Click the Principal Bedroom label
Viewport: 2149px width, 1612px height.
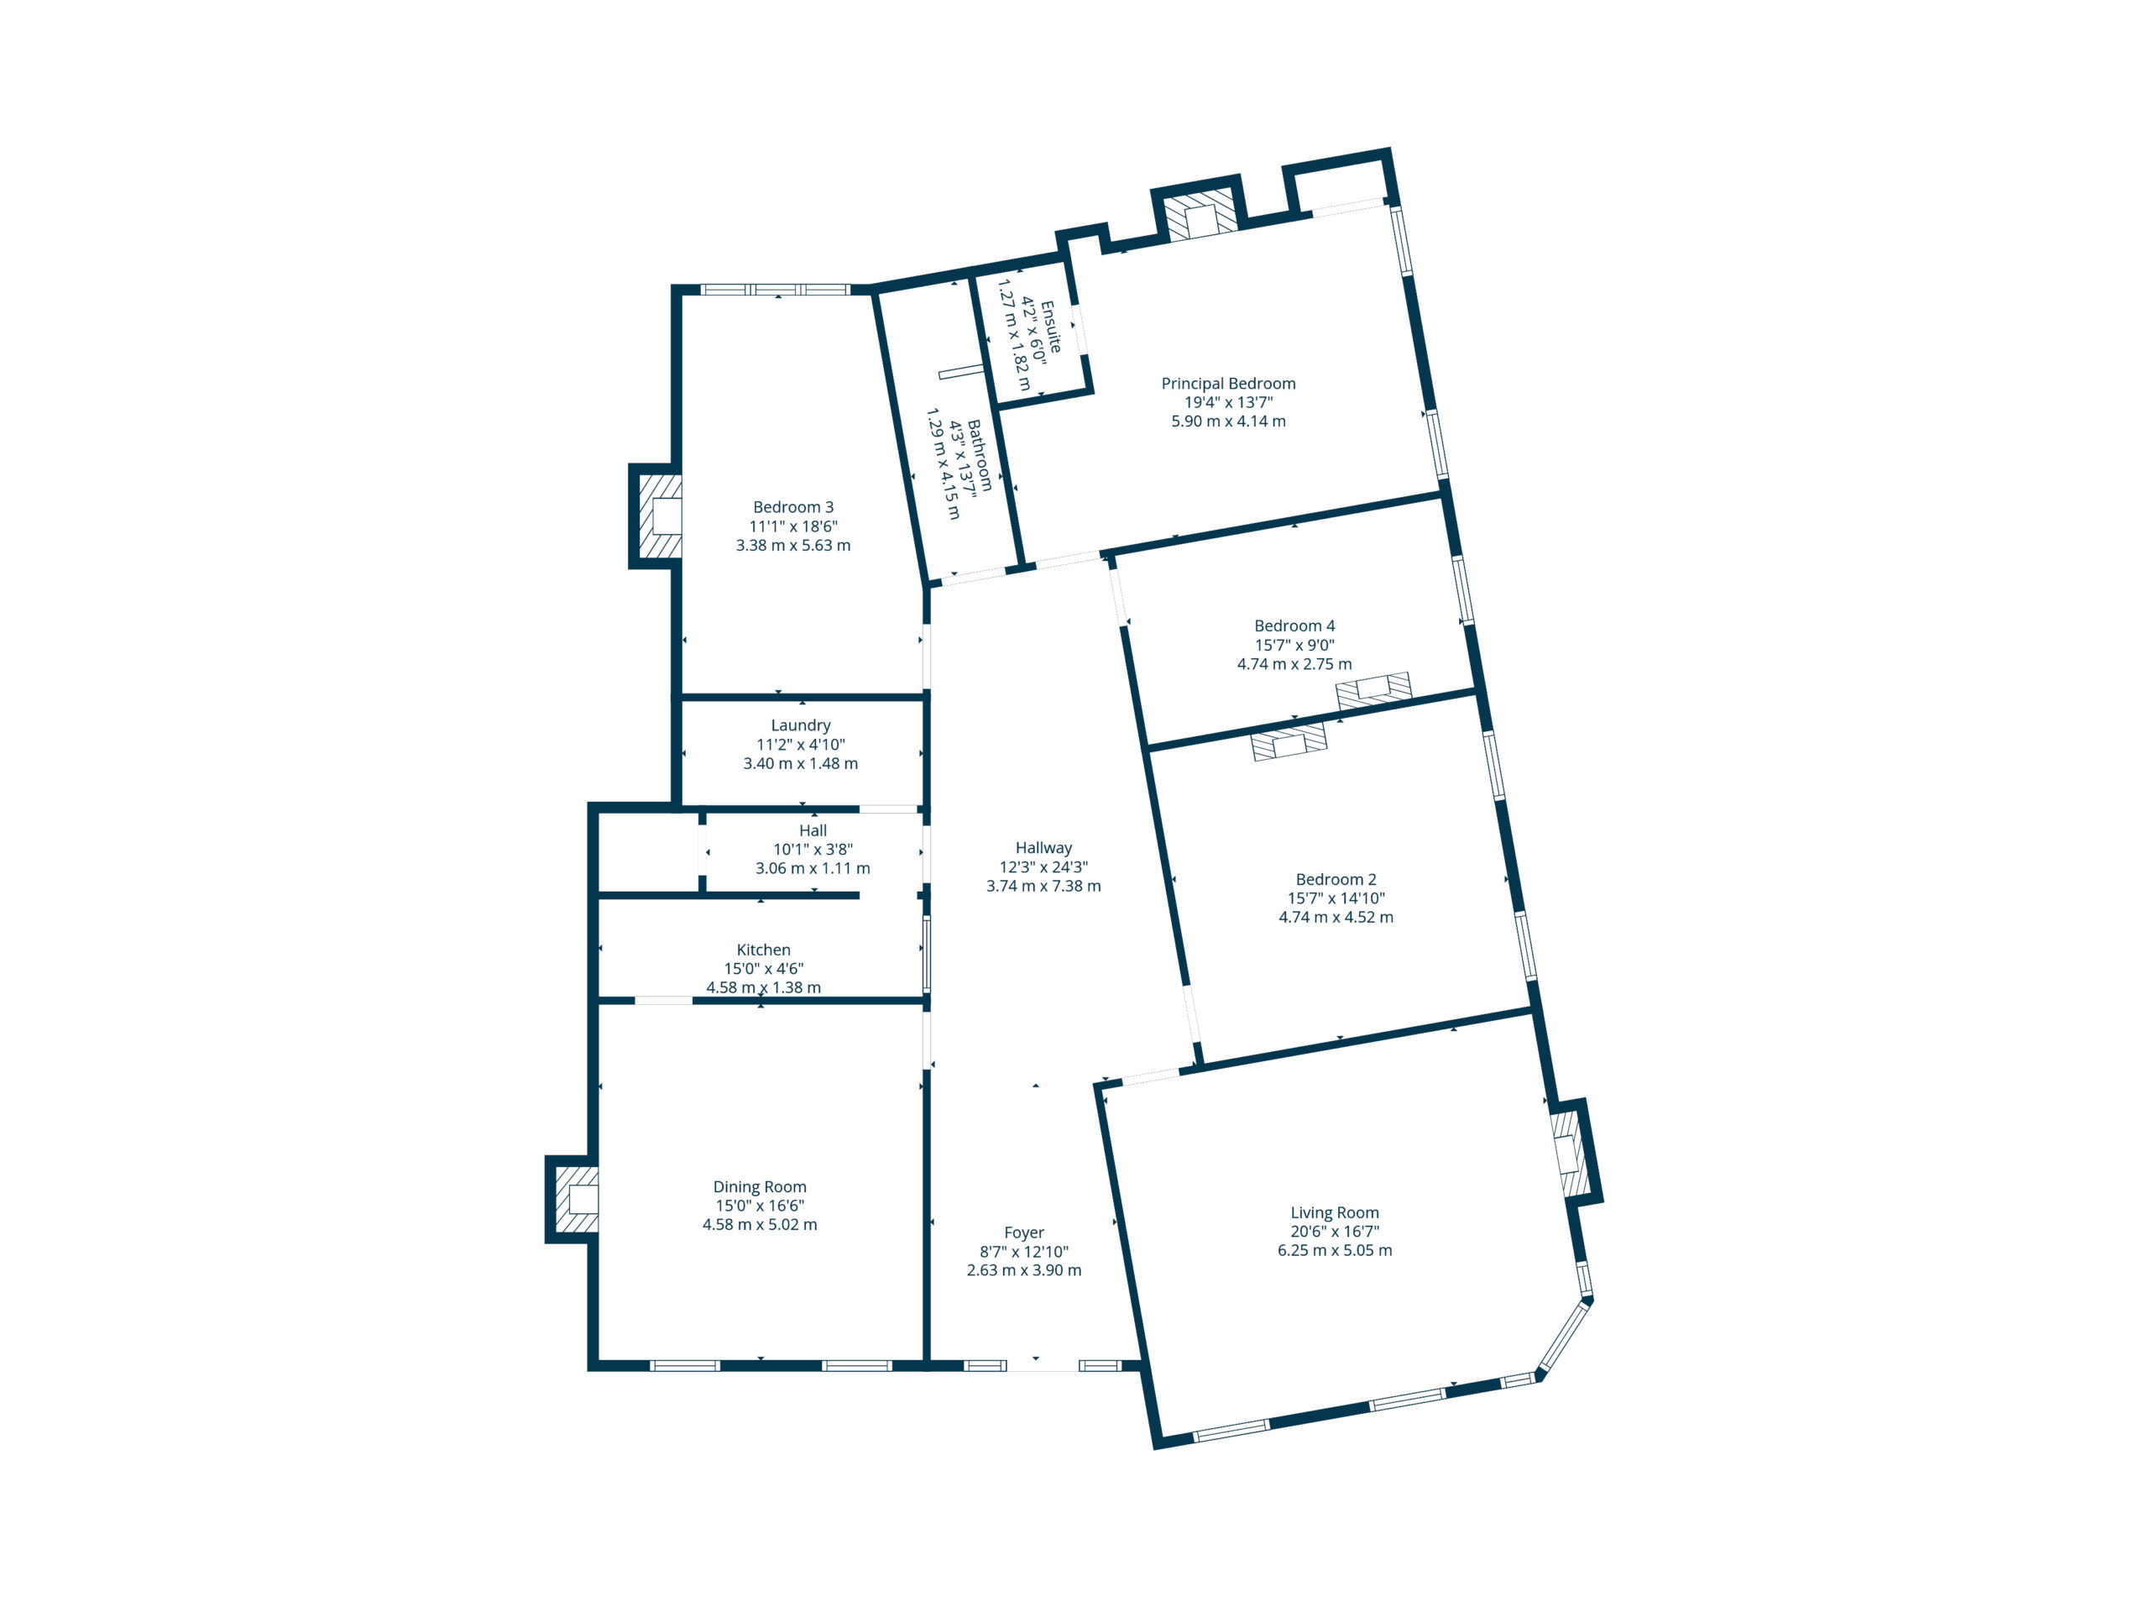pos(1228,384)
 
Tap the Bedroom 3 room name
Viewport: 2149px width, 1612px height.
pos(792,507)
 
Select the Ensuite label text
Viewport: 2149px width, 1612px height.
pos(1051,327)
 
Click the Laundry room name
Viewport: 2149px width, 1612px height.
pos(801,726)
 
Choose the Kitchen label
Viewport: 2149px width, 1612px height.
pos(764,950)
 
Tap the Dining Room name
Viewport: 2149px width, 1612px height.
pos(760,1186)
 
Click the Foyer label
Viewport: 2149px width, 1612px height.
pos(1024,1233)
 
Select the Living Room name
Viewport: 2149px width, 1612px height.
pos(1335,1212)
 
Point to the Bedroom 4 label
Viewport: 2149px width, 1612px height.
pos(1294,625)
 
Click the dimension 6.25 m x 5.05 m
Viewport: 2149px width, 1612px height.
pos(1335,1250)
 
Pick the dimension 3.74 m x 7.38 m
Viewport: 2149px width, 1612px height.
pos(1043,886)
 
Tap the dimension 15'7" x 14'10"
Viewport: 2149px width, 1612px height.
pos(1336,899)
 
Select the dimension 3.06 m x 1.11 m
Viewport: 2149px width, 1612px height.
pos(813,869)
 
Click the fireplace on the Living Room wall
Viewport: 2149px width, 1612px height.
pos(1568,1154)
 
